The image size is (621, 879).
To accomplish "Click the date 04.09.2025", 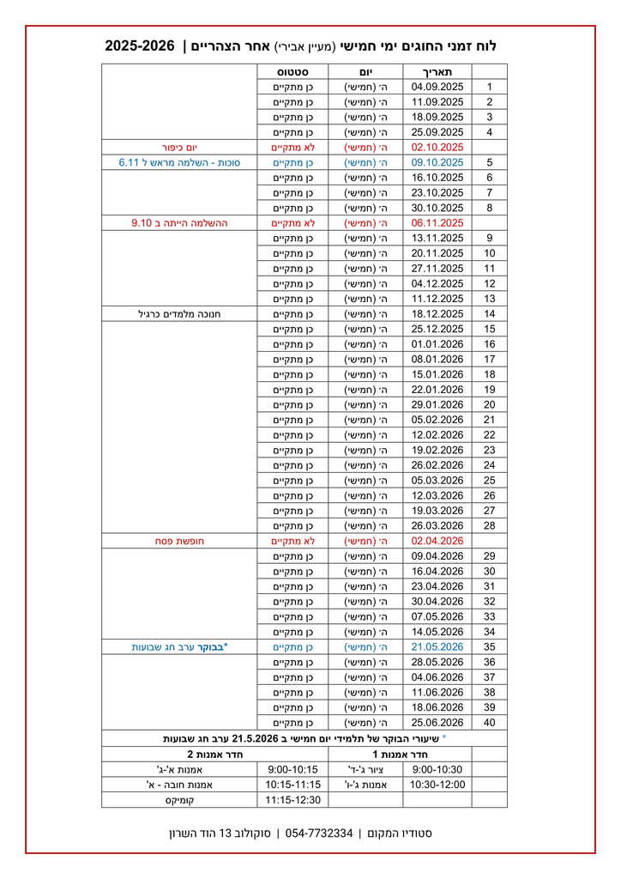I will (x=437, y=87).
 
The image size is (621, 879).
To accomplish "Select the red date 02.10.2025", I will (x=437, y=147).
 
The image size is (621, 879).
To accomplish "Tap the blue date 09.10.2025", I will (x=437, y=162).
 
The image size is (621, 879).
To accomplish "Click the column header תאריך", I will (x=437, y=71).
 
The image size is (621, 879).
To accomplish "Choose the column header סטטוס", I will (x=292, y=71).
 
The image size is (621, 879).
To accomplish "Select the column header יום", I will (x=365, y=71).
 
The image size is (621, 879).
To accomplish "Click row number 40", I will (x=490, y=723).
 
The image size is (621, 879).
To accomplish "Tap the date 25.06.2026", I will (x=437, y=723).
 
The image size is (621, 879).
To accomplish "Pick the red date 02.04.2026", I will (x=437, y=541).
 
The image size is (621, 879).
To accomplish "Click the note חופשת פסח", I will (x=180, y=541).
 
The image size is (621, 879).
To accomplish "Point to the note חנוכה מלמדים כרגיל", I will (x=180, y=313).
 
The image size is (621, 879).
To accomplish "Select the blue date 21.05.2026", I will (x=437, y=647).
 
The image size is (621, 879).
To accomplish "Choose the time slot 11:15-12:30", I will (x=292, y=800).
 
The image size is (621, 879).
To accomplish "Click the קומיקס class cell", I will (x=179, y=800).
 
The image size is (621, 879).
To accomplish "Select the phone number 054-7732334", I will (x=319, y=834).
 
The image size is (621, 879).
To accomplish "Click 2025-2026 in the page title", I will (x=140, y=45).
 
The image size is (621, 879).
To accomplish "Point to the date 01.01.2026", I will (x=437, y=344).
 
